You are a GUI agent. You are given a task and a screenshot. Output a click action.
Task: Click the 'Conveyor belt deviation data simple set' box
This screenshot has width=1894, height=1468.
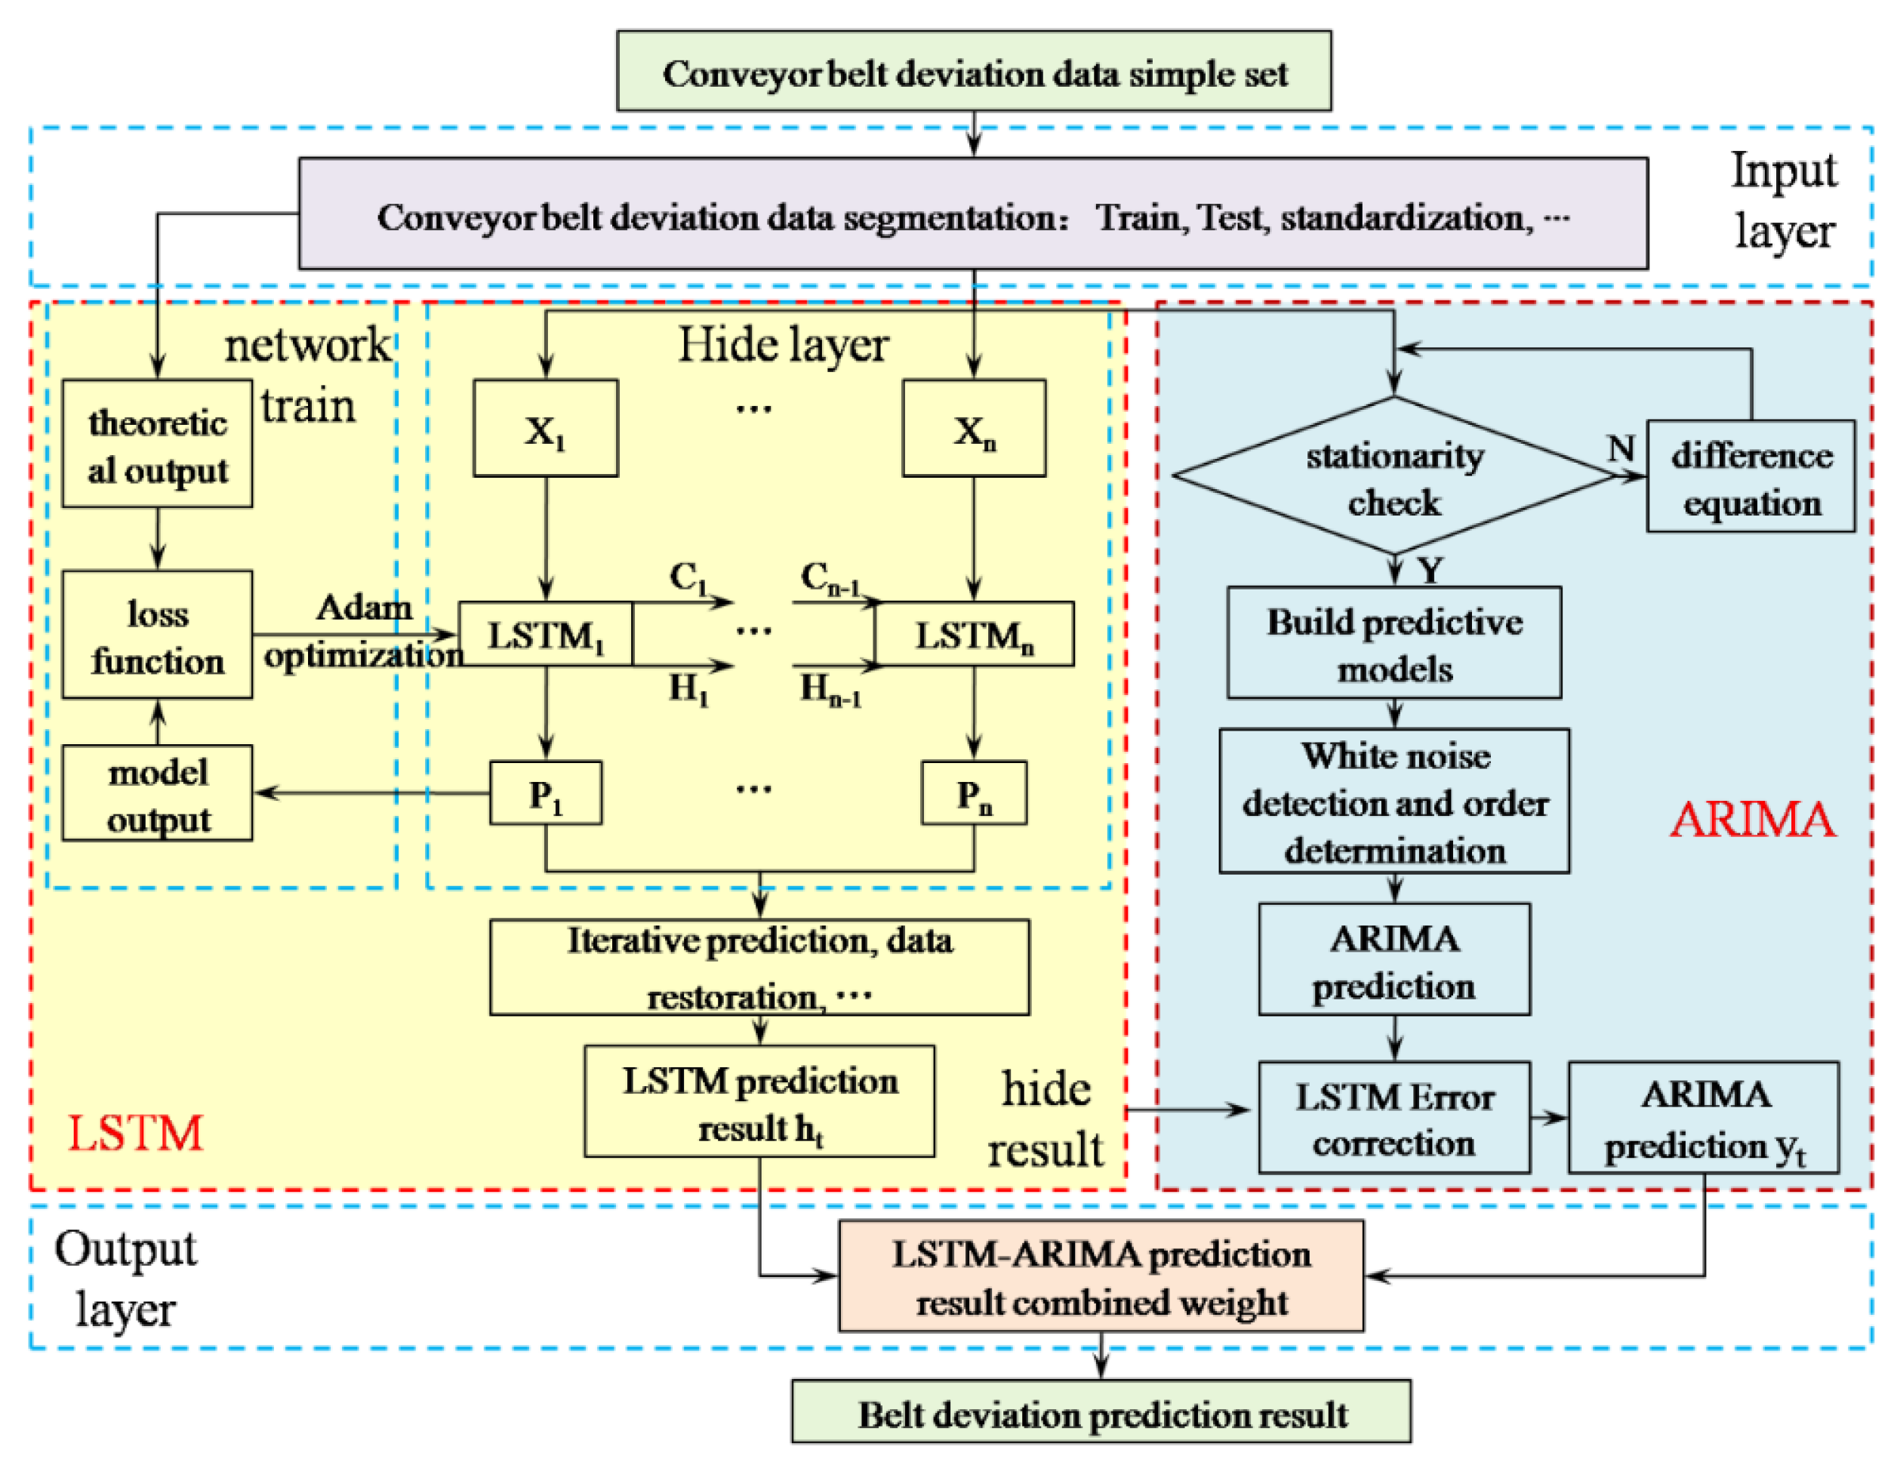point(974,71)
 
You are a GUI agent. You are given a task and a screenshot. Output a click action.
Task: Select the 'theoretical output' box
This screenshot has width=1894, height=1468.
point(157,444)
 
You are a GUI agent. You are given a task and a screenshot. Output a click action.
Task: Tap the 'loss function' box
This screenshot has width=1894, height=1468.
point(157,635)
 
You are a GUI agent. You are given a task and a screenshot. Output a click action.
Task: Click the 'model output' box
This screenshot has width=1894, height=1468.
point(157,793)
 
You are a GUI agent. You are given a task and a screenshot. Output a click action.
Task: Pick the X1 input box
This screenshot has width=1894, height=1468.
point(546,429)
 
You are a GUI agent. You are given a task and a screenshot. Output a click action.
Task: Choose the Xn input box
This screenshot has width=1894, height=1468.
point(974,429)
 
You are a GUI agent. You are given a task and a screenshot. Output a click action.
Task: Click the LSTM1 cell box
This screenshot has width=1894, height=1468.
point(546,635)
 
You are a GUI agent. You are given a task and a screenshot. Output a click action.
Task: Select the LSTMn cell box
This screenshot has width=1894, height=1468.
point(974,635)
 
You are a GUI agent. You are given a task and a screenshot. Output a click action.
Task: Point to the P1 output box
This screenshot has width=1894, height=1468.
point(546,793)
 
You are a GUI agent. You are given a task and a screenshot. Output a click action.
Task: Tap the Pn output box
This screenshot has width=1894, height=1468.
point(974,793)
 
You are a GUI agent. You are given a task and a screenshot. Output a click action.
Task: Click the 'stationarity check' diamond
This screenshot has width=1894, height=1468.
point(1394,476)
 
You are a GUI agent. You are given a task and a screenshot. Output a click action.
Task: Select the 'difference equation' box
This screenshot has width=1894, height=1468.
point(1751,477)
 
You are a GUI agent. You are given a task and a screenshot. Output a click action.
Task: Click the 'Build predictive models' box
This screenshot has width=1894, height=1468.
point(1394,643)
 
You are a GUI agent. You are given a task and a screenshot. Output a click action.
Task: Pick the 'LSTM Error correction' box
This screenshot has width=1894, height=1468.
point(1394,1118)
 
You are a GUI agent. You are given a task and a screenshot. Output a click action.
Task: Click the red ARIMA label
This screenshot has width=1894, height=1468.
point(1753,820)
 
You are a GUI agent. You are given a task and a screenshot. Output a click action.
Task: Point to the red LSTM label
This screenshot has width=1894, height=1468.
point(135,1134)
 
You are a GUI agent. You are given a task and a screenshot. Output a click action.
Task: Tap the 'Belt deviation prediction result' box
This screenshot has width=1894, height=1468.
point(1101,1414)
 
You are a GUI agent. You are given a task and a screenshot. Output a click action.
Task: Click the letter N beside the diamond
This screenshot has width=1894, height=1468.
point(1621,448)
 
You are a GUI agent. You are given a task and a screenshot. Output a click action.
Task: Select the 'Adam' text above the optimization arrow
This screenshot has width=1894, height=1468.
point(364,607)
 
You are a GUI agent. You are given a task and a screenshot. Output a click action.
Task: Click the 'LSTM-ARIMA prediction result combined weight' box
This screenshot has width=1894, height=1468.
point(1101,1276)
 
